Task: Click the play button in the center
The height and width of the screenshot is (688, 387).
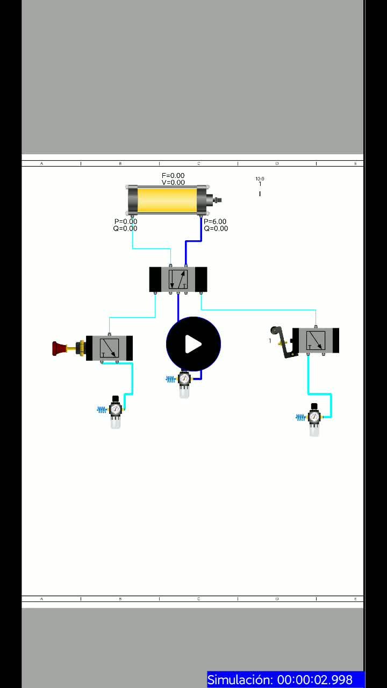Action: coord(193,344)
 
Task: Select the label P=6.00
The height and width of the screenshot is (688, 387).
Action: coord(215,221)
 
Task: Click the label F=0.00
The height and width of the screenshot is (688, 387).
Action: coord(173,176)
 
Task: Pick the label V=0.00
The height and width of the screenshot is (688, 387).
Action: coord(173,183)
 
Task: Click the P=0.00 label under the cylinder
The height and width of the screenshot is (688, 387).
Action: coord(126,221)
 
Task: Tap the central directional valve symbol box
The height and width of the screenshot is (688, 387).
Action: coord(178,279)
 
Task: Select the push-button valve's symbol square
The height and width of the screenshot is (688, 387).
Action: coord(109,348)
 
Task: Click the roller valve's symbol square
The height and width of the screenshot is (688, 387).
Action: coord(316,340)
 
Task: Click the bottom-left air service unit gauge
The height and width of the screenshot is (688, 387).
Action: coord(116,410)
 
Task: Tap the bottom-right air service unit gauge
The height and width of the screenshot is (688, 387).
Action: coord(314,417)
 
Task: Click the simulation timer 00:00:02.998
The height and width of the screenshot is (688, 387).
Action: coord(315,679)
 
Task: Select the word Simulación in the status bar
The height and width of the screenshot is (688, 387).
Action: coord(240,679)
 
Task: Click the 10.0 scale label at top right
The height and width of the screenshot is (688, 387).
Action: coord(260,179)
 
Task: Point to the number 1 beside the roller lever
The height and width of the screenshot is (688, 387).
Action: coord(270,341)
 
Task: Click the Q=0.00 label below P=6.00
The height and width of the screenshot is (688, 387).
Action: coord(216,228)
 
